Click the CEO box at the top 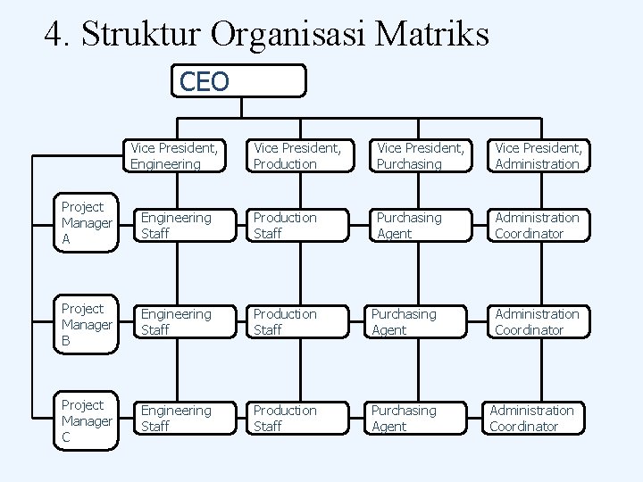tap(242, 81)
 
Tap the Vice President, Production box tap(298, 155)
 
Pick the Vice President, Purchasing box tap(420, 155)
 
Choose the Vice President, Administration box tap(539, 155)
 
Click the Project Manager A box tap(87, 223)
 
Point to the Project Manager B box tap(87, 324)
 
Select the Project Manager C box tap(87, 420)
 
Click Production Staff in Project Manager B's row tap(298, 321)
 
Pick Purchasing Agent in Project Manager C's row tap(415, 418)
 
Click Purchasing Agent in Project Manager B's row tap(415, 321)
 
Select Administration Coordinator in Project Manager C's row tap(532, 418)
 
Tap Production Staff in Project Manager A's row tap(298, 225)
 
